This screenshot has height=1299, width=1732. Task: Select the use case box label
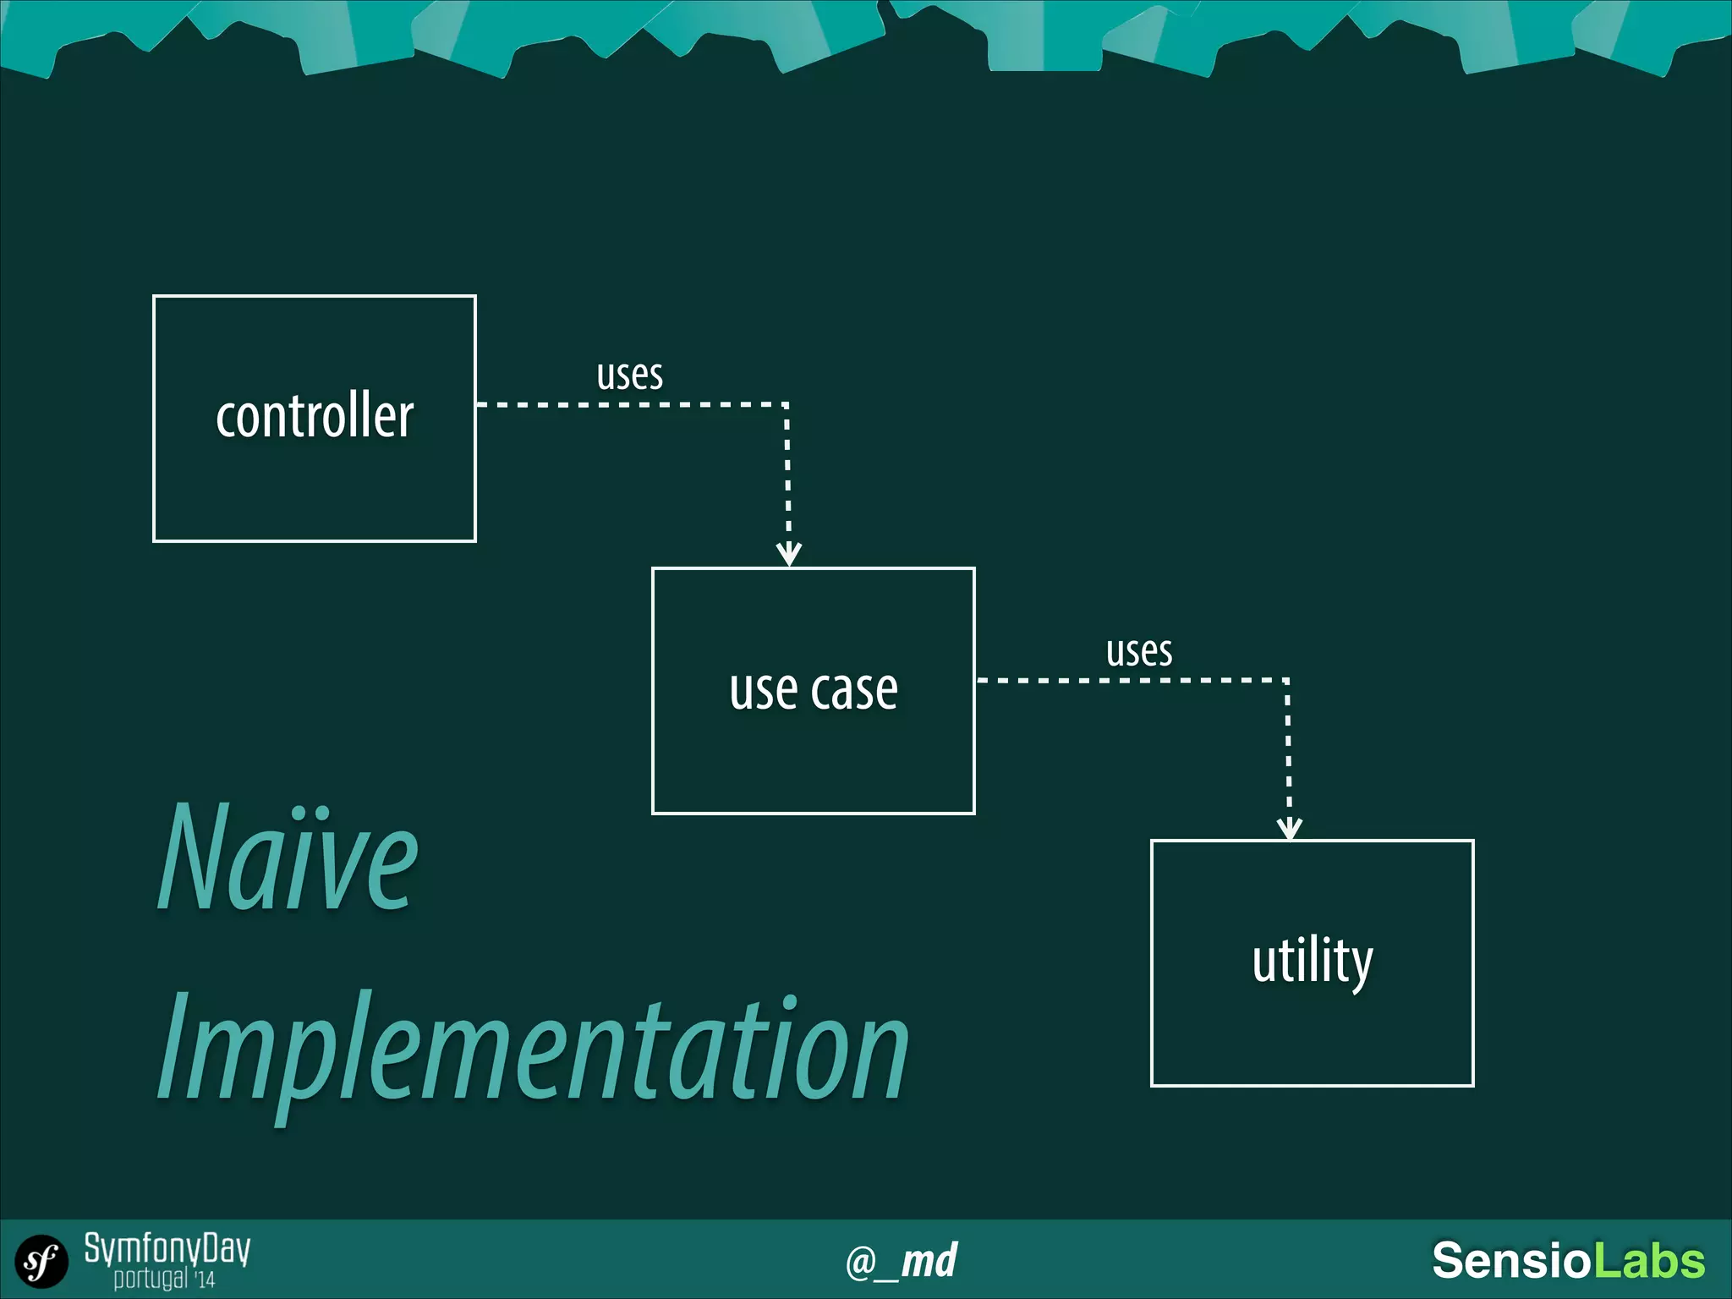pyautogui.click(x=813, y=690)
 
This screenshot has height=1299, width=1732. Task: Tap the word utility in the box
pyautogui.click(x=1312, y=962)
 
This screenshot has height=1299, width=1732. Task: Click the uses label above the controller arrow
pyautogui.click(x=629, y=375)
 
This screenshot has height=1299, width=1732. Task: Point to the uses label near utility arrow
pyautogui.click(x=1138, y=652)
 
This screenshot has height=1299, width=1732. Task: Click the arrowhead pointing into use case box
pyautogui.click(x=788, y=555)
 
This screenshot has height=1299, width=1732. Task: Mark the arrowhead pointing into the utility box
pyautogui.click(x=1289, y=829)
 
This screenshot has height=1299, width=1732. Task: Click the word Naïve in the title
pyautogui.click(x=288, y=858)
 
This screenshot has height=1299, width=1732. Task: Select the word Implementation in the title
pyautogui.click(x=533, y=1049)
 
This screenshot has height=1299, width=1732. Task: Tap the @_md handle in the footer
pyautogui.click(x=901, y=1262)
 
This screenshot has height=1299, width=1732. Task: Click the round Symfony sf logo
pyautogui.click(x=41, y=1262)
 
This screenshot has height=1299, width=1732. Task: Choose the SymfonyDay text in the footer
pyautogui.click(x=167, y=1248)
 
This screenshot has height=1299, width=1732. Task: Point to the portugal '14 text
pyautogui.click(x=164, y=1279)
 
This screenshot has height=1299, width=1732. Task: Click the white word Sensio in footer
pyautogui.click(x=1510, y=1261)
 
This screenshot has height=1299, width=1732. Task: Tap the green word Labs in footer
pyautogui.click(x=1648, y=1261)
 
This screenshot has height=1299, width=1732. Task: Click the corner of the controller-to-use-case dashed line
pyautogui.click(x=787, y=405)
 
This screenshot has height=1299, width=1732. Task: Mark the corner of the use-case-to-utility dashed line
pyautogui.click(x=1287, y=680)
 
